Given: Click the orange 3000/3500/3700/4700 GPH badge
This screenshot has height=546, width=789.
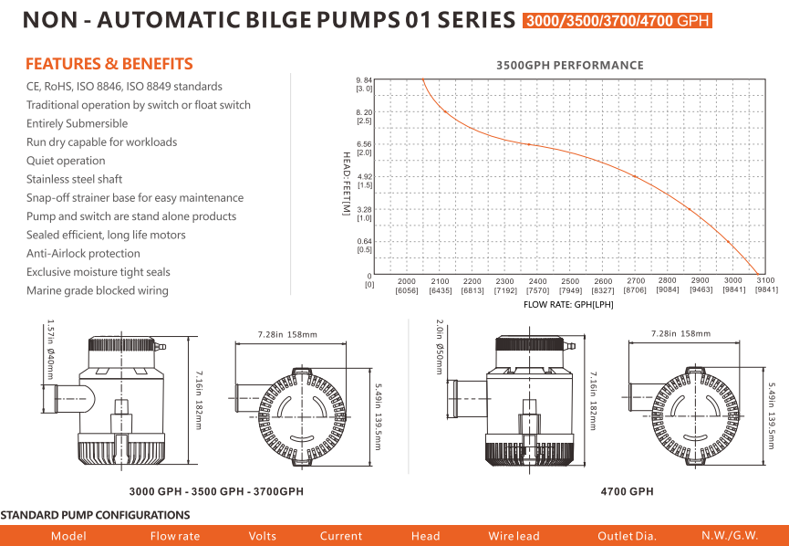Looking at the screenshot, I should (x=618, y=20).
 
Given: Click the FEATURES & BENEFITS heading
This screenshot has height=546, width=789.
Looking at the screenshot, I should (x=109, y=64).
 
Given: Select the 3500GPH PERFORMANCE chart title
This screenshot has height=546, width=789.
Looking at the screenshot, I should (x=569, y=65).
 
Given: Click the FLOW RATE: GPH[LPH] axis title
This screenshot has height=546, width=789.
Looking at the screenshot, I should (x=568, y=304).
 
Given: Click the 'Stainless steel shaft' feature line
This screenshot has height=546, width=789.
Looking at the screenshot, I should (x=74, y=179).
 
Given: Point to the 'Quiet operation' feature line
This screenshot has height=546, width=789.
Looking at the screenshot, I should (x=66, y=161).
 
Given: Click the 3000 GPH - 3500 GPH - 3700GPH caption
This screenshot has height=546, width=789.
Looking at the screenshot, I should (x=216, y=491).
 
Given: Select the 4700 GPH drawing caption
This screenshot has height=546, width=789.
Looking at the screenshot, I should (x=627, y=491).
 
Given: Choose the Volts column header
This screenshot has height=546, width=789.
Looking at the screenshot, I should (x=263, y=536).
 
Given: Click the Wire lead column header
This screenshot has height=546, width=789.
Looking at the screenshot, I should (x=514, y=536).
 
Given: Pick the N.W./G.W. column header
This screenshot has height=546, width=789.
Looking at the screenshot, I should (x=729, y=536).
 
